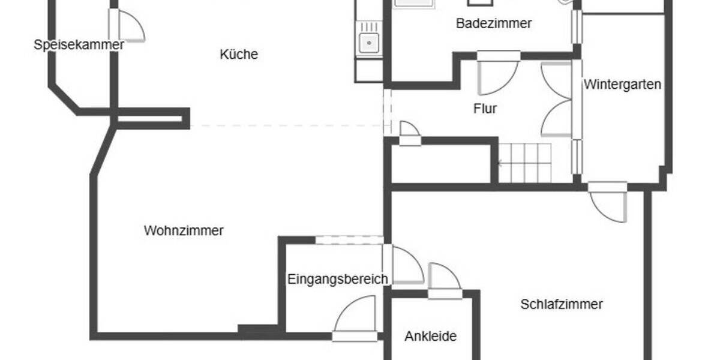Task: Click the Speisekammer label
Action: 79,44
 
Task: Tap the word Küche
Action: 239,55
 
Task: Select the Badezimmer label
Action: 494,24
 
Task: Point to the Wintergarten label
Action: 623,85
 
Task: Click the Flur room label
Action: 485,109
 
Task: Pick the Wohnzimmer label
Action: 184,230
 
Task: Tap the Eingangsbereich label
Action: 337,279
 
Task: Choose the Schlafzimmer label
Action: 561,304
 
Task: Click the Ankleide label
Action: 430,336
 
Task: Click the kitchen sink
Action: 368,42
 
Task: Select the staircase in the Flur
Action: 525,163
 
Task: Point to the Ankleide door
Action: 444,279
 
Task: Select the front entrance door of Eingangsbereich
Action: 356,318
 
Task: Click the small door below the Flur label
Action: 410,132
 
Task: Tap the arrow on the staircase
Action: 500,163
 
